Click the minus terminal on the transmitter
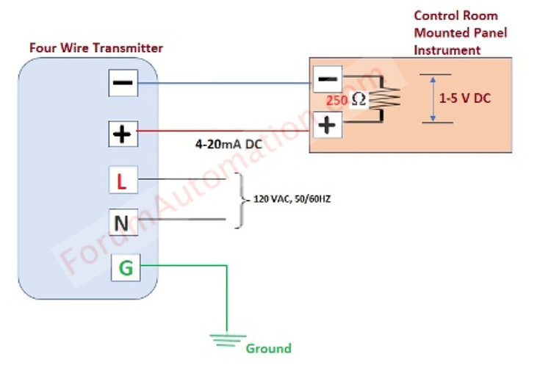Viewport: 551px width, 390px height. click(122, 84)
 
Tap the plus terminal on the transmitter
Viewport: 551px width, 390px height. click(122, 134)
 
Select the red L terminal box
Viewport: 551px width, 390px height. click(122, 181)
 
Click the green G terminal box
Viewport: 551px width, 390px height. click(126, 268)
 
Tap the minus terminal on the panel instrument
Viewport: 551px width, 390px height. click(327, 78)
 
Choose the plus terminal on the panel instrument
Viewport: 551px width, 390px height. click(327, 125)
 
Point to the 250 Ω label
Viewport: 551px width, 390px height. click(345, 100)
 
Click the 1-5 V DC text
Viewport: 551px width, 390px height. click(464, 98)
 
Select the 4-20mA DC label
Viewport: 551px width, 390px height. click(228, 145)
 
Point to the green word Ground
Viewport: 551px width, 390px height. click(268, 348)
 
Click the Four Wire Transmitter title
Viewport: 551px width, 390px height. click(96, 48)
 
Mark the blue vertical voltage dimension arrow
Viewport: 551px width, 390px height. click(433, 98)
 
